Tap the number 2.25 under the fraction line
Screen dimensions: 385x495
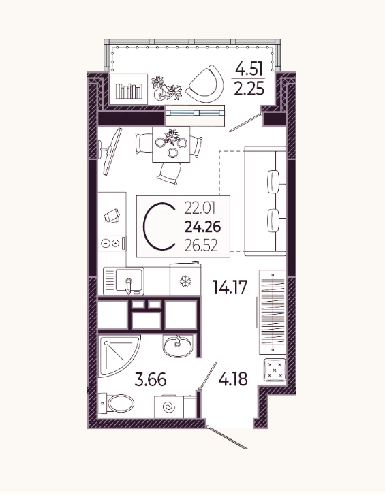[x=249, y=89]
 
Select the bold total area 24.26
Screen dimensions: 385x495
[x=203, y=227]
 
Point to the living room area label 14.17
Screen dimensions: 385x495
[x=230, y=287]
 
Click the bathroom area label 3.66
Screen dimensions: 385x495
[x=151, y=379]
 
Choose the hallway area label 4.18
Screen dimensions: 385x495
[x=233, y=379]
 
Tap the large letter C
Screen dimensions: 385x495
[x=159, y=226]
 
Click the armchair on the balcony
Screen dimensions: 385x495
[x=205, y=84]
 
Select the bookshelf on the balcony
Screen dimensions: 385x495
[x=128, y=89]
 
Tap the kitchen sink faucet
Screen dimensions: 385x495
[x=128, y=285]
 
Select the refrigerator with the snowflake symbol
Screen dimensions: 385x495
[x=185, y=279]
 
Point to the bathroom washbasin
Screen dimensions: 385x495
[x=178, y=346]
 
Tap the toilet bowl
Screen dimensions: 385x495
[x=117, y=403]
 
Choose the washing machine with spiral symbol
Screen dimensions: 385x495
[x=169, y=406]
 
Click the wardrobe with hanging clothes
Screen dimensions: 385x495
[x=272, y=313]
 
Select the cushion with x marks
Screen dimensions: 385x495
[x=275, y=369]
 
